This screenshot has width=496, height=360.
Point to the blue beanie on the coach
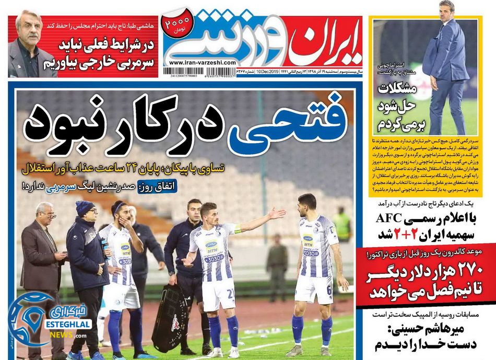(85, 208)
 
